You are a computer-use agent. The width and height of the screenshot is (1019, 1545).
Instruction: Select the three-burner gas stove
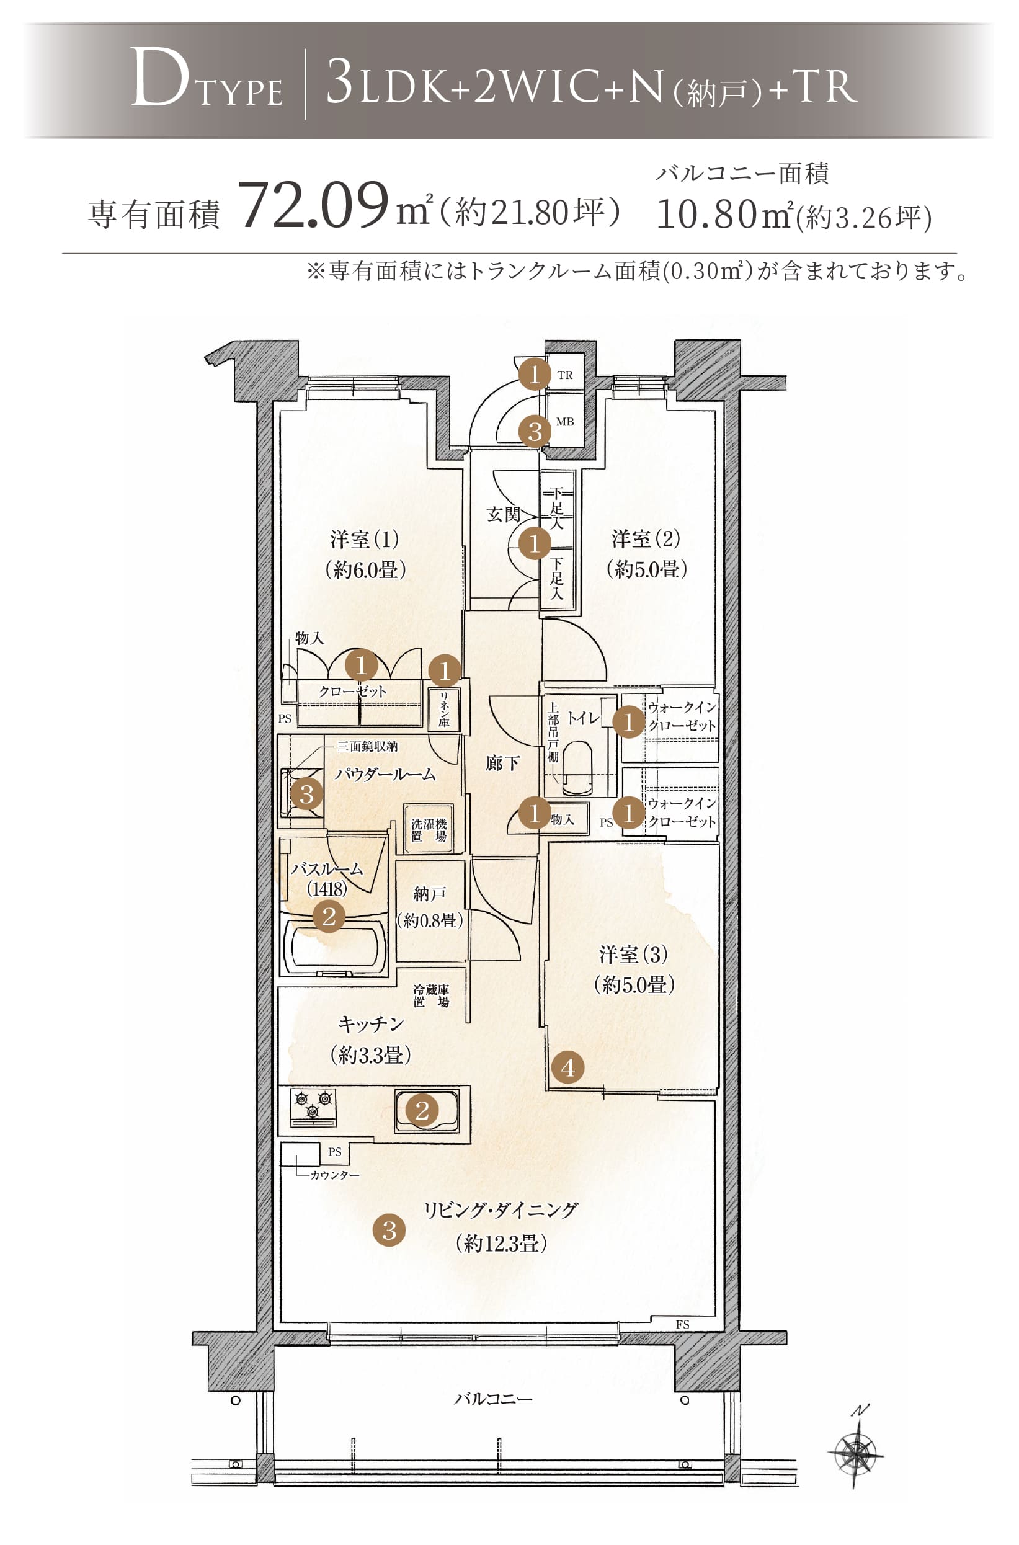tap(313, 1106)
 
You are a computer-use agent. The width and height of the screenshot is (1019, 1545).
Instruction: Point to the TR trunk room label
tap(565, 375)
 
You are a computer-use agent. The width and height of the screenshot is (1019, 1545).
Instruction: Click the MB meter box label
tap(565, 422)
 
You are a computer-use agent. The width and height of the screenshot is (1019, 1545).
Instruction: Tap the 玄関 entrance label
tap(504, 515)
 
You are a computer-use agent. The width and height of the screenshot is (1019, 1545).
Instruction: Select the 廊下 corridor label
tap(502, 763)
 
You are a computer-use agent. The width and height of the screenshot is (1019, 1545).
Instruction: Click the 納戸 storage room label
tap(430, 894)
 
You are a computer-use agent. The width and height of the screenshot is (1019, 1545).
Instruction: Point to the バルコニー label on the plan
tap(492, 1399)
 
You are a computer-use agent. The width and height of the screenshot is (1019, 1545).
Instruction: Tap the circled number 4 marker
tap(567, 1067)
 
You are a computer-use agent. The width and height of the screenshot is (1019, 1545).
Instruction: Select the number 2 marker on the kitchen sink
tap(422, 1110)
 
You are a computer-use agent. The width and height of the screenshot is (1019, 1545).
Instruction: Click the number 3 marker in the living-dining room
tap(389, 1230)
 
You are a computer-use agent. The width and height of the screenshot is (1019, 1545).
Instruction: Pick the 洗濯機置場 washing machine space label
tap(429, 830)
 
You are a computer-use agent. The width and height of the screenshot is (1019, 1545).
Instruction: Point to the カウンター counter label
tap(334, 1175)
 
